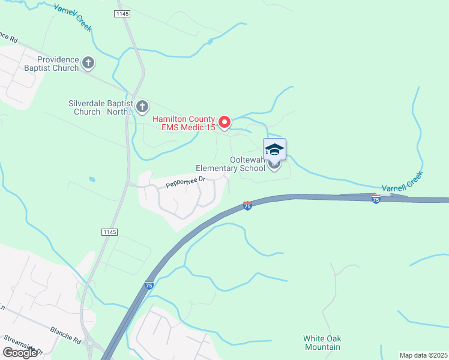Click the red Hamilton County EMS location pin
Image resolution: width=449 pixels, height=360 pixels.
pos(224,122)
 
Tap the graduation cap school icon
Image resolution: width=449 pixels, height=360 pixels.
pos(274,149)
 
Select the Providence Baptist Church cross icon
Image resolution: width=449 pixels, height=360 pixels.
pos(88,62)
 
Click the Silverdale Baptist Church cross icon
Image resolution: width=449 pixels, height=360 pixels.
pos(142,107)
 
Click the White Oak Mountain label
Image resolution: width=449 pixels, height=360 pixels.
pos(322,343)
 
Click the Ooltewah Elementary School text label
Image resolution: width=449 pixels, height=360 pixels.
pos(231,164)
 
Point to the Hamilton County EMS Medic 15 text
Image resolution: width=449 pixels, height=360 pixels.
pos(184,123)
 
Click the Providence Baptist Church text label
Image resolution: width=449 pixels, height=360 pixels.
pos(58,64)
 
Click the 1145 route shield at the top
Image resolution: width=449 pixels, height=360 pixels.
pos(122,13)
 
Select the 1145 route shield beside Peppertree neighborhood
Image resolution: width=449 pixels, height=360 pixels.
pos(109,232)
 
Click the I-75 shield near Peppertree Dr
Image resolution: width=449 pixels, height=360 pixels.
pos(247,206)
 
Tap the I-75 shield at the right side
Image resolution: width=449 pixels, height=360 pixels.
pos(376,199)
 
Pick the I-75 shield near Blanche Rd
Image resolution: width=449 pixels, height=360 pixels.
pos(148,284)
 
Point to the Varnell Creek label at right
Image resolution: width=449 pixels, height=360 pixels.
pos(403,180)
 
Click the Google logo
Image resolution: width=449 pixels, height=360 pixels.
pos(20,352)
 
